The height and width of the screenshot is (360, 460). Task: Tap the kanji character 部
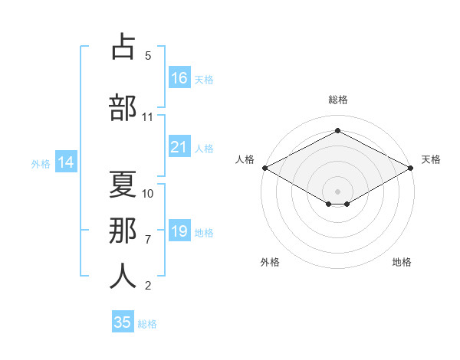[123, 107]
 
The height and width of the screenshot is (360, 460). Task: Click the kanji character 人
[123, 276]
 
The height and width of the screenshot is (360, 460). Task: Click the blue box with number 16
[179, 78]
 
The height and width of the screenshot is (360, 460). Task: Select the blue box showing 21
[179, 148]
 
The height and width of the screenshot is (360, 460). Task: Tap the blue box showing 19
[179, 231]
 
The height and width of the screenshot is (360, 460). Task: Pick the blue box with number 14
[65, 162]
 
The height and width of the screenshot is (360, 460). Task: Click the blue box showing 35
[123, 322]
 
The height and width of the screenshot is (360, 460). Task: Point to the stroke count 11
[148, 117]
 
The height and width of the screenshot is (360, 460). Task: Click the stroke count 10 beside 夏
[148, 193]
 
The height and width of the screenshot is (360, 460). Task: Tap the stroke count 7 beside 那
[148, 239]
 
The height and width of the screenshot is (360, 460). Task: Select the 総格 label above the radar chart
[337, 100]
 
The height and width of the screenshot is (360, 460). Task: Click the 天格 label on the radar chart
[431, 159]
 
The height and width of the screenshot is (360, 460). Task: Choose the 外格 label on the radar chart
[269, 262]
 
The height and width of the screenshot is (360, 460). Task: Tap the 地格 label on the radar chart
[402, 262]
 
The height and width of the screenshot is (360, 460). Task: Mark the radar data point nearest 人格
[264, 167]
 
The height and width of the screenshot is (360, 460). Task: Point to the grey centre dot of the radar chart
[337, 190]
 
